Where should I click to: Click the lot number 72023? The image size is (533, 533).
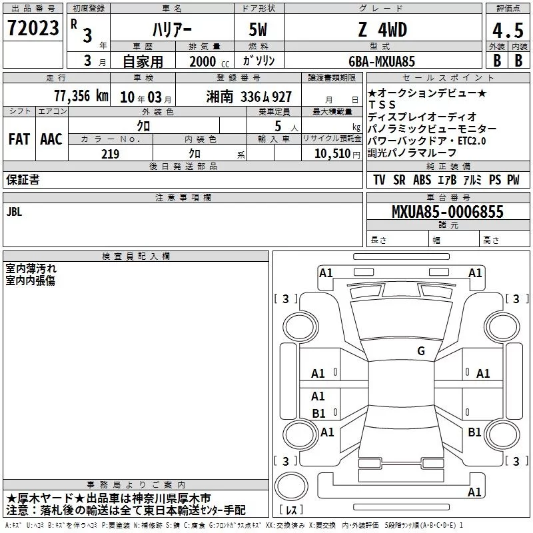(33, 28)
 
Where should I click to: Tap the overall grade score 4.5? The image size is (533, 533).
(508, 30)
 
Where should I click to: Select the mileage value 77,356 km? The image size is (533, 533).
(81, 96)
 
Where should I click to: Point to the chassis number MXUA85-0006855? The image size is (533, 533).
(448, 212)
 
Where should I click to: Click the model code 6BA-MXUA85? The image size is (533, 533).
(382, 61)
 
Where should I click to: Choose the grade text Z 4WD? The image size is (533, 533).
(382, 29)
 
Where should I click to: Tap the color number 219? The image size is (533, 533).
(110, 154)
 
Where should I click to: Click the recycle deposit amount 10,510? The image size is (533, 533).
(332, 154)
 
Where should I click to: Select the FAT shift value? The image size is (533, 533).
(19, 139)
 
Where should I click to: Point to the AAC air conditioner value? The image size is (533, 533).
(51, 139)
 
